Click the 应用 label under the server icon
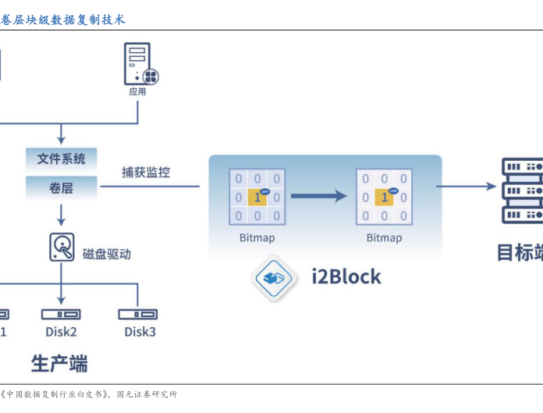137,91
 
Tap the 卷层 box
62,187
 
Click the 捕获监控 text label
146,173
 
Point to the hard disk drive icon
62,247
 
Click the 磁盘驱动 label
107,254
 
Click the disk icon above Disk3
138,314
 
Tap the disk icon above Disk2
61,314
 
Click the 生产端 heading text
59,364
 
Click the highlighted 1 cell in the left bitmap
257,198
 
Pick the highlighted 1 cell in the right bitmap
384,198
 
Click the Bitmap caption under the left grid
257,237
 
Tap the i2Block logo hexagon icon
275,277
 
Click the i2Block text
346,276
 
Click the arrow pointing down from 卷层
62,213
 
